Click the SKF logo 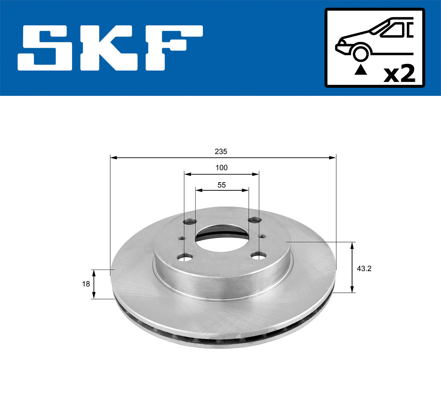110,48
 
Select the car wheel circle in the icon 360,53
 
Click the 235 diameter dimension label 221,151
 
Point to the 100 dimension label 221,168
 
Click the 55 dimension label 221,185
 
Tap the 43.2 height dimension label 364,269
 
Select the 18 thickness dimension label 86,284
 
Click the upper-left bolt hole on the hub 190,222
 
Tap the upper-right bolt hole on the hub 254,220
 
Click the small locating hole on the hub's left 181,238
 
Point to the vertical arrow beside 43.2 353,267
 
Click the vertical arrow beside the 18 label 94,284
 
